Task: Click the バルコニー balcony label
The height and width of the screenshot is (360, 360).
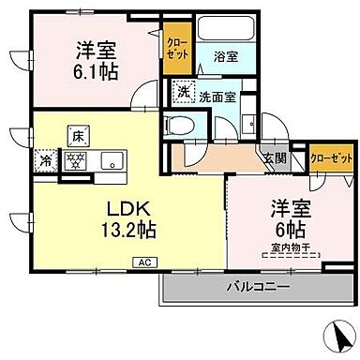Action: pos(256,285)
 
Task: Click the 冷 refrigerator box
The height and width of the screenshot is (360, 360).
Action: pos(45,159)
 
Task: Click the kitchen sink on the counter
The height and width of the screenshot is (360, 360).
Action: pos(109,159)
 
